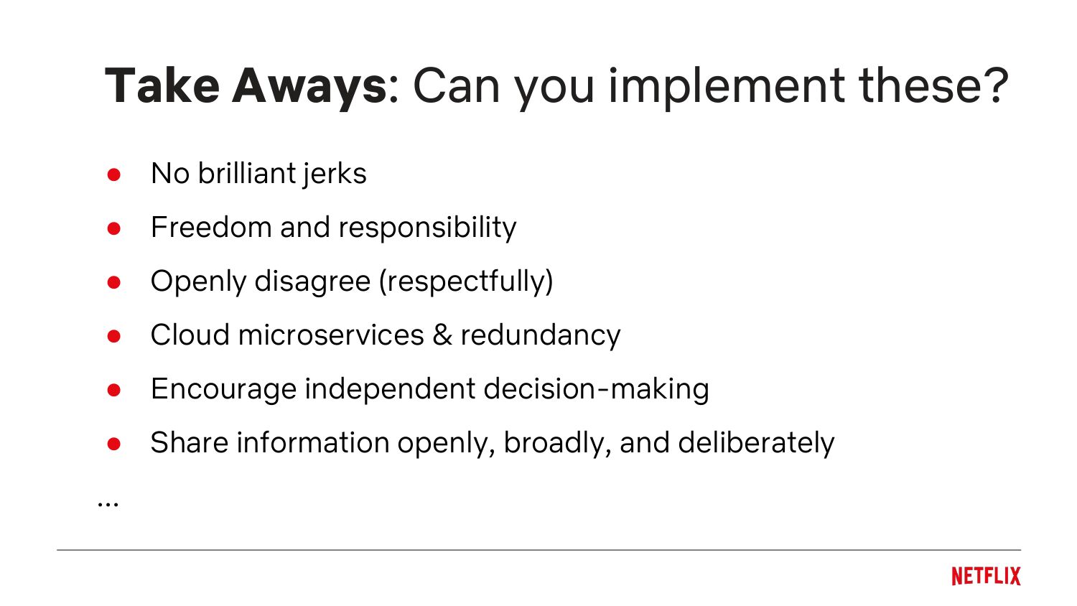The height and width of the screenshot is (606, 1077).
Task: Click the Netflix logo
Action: [986, 576]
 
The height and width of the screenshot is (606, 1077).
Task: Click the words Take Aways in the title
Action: [246, 87]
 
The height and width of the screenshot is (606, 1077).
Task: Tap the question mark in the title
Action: [993, 85]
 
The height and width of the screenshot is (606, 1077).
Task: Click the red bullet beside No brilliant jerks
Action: [114, 174]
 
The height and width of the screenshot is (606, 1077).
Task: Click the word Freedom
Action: [211, 227]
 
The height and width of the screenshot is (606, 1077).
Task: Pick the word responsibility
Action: [427, 228]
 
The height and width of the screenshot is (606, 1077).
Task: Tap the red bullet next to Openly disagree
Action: [114, 282]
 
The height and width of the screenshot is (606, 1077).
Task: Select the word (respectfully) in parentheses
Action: [466, 282]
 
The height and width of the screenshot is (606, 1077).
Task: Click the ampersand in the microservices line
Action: [442, 335]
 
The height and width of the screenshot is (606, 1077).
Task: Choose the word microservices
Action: [331, 335]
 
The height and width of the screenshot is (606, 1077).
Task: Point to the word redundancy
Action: [541, 336]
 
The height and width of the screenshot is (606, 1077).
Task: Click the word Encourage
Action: [223, 390]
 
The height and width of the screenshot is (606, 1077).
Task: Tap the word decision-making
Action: [596, 390]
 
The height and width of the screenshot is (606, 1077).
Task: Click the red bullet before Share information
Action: [114, 444]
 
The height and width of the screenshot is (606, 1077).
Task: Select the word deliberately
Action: [756, 444]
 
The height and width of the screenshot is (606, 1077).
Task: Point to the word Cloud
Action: [190, 335]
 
